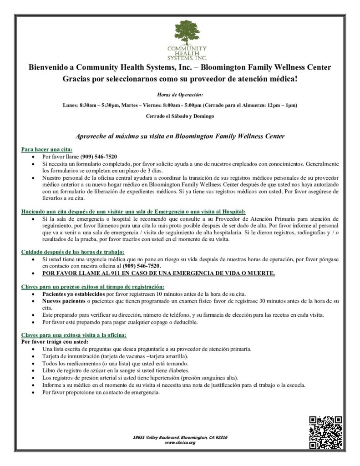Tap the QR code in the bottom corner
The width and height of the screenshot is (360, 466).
pyautogui.click(x=325, y=432)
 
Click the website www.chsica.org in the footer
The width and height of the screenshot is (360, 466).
pyautogui.click(x=180, y=442)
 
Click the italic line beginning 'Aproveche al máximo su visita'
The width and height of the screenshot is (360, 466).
pyautogui.click(x=180, y=136)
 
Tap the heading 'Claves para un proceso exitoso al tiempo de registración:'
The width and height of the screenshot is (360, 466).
pyautogui.click(x=92, y=287)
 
